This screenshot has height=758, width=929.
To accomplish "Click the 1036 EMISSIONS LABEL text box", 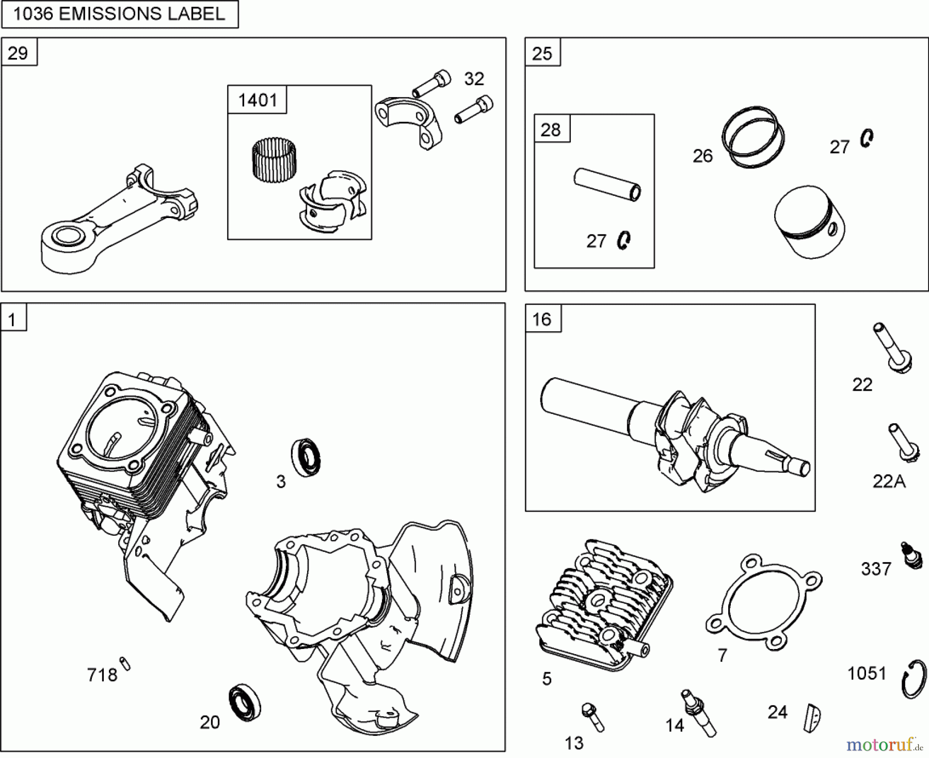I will point(119,14).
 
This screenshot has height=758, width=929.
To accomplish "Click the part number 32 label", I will point(474,79).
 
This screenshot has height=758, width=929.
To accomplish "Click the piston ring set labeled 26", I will point(752,137).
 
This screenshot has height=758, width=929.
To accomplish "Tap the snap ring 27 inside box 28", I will point(623,240).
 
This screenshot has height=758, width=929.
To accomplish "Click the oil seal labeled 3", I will point(306,457).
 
